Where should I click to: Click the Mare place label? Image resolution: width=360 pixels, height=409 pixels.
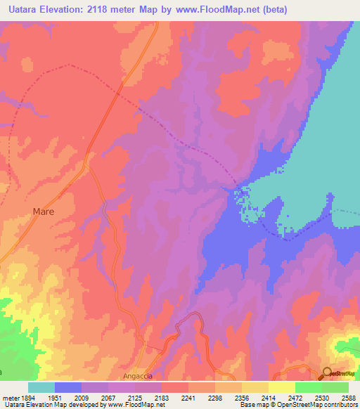[x=44, y=211]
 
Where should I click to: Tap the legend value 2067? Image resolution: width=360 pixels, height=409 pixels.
[x=109, y=398]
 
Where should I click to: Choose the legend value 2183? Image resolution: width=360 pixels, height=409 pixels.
[x=162, y=398]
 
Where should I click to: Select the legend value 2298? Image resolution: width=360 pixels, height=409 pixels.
[x=215, y=398]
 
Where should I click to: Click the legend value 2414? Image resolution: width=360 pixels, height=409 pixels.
[x=269, y=398]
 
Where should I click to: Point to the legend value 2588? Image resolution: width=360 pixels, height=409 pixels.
[x=348, y=398]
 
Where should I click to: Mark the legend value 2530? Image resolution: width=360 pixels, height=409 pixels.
[x=321, y=398]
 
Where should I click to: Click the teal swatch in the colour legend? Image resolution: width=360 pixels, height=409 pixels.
[x=41, y=387]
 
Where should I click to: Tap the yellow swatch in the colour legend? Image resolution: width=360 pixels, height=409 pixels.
[x=281, y=387]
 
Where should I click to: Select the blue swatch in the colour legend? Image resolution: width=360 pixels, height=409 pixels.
[x=68, y=387]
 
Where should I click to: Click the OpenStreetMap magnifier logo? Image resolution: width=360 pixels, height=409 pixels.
[x=327, y=372]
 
